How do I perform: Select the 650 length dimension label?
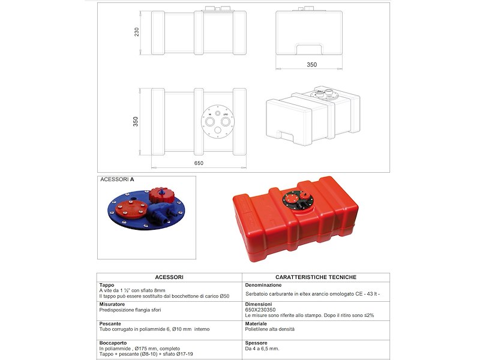click(199, 163)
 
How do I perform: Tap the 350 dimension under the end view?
click(311, 64)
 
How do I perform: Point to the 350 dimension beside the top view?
click(136, 121)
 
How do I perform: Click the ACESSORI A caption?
click(117, 179)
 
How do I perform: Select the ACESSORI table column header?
click(169, 277)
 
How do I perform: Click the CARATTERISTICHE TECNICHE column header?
click(316, 277)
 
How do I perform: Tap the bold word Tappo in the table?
click(107, 285)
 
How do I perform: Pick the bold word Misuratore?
click(112, 304)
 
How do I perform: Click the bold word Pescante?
click(110, 323)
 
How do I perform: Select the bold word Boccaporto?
click(113, 343)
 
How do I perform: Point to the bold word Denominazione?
click(264, 285)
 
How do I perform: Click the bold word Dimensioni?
click(260, 304)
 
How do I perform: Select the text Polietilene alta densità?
click(270, 329)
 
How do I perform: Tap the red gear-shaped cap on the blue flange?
click(160, 196)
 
